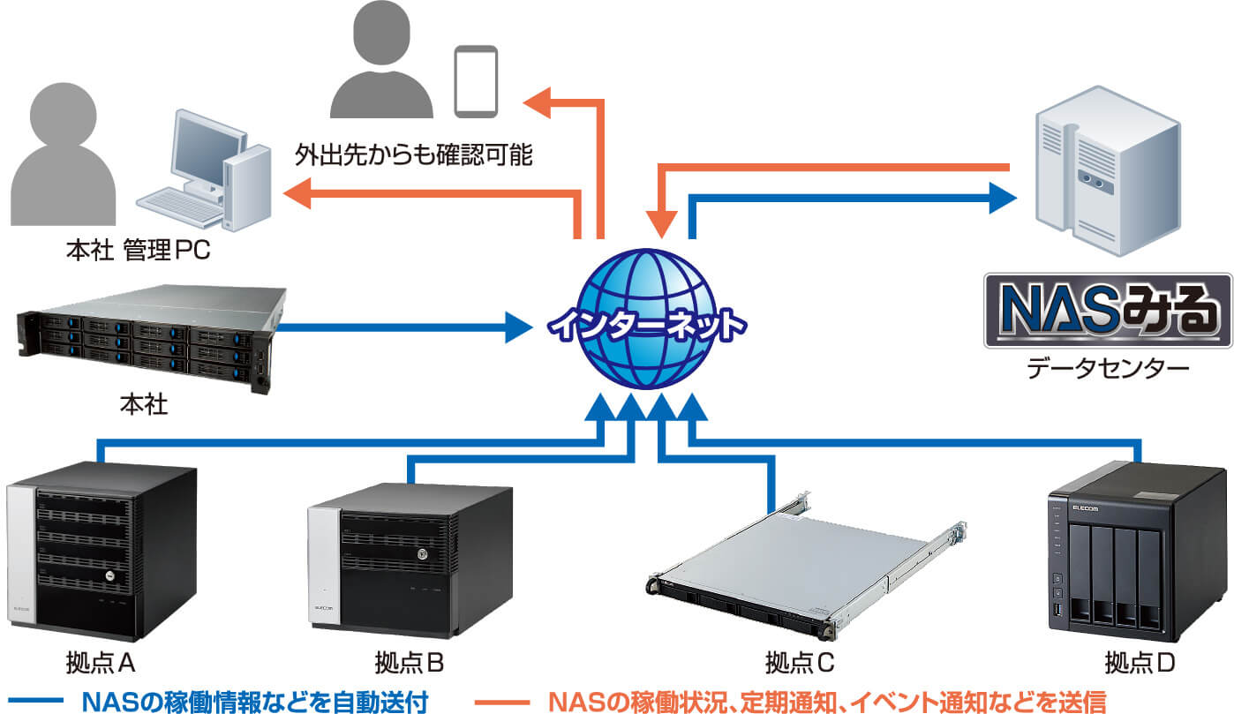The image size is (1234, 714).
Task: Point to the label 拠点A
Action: [x=100, y=661]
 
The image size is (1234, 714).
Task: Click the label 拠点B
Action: [x=409, y=661]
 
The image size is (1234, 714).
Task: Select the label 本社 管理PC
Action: [x=139, y=252]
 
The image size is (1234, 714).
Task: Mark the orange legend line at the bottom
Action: [x=503, y=702]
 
